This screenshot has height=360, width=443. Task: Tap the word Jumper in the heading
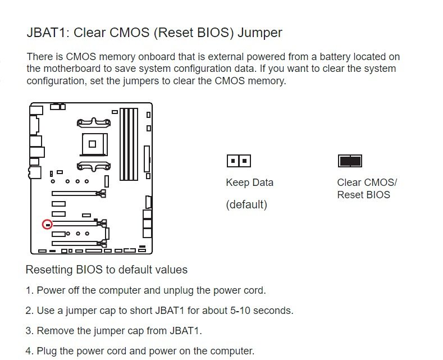tap(259, 33)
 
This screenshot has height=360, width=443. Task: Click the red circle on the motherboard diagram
tap(47, 225)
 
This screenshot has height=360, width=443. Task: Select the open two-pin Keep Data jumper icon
tap(239, 161)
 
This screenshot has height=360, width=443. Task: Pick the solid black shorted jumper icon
tap(350, 161)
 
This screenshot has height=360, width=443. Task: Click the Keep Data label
tap(250, 183)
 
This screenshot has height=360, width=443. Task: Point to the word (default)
tap(246, 204)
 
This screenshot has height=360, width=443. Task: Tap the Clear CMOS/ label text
tap(367, 183)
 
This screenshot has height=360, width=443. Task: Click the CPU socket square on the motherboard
tap(93, 144)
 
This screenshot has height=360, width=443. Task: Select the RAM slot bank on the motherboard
tap(129, 144)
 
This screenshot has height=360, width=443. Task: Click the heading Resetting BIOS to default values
tap(107, 270)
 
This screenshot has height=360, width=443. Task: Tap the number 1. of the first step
tap(30, 290)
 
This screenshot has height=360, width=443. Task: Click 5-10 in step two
tap(240, 311)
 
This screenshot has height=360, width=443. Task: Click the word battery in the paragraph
tap(336, 57)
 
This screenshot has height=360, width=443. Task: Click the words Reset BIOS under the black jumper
tap(364, 195)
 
